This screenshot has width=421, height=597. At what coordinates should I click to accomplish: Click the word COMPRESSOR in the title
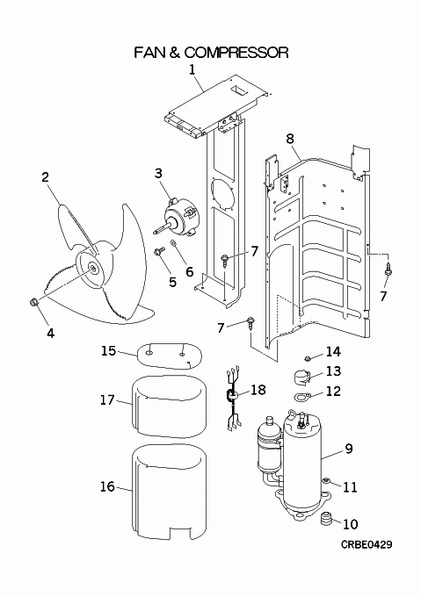(x=236, y=52)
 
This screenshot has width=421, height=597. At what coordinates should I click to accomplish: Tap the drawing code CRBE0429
(x=367, y=544)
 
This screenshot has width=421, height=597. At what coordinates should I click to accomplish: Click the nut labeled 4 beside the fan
(x=33, y=302)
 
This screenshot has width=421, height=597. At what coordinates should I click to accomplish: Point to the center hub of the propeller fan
(x=93, y=267)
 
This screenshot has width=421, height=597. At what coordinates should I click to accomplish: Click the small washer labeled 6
(x=174, y=242)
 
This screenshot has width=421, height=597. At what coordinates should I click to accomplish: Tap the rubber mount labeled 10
(x=325, y=519)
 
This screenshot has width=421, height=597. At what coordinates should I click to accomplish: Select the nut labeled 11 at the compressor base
(x=326, y=481)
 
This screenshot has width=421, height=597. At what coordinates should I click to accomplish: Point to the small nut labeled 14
(x=308, y=357)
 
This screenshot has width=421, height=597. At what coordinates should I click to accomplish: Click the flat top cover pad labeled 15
(x=170, y=356)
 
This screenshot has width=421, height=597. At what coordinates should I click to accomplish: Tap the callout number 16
(x=108, y=486)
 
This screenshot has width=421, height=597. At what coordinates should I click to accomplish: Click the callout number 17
(x=108, y=399)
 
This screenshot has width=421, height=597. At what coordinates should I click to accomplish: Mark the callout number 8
(x=290, y=139)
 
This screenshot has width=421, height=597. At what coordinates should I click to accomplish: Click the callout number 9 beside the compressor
(x=349, y=449)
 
